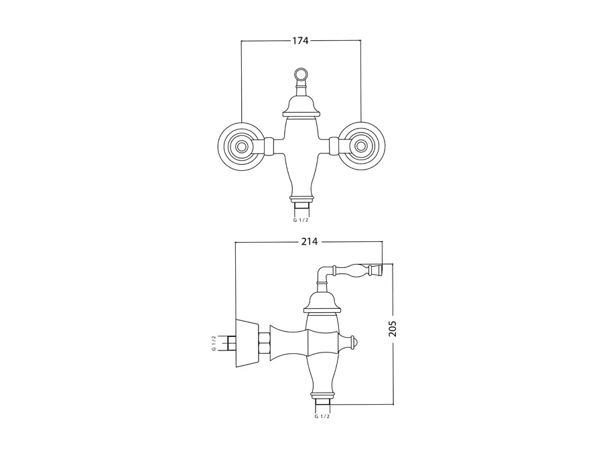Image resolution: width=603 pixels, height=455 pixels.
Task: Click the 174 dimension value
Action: (x=301, y=40)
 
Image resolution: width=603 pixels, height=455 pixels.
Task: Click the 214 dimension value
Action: (x=310, y=241)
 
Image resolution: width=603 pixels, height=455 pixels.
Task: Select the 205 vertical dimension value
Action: (x=392, y=328)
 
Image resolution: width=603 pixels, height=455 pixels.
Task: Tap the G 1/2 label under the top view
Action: (x=301, y=220)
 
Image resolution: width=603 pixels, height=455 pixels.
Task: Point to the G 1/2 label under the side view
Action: (x=322, y=416)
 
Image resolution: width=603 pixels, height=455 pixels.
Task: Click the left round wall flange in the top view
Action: (x=241, y=146)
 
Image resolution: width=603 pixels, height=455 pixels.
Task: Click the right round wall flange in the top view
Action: (x=360, y=146)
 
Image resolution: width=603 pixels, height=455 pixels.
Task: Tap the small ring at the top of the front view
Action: (x=301, y=73)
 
